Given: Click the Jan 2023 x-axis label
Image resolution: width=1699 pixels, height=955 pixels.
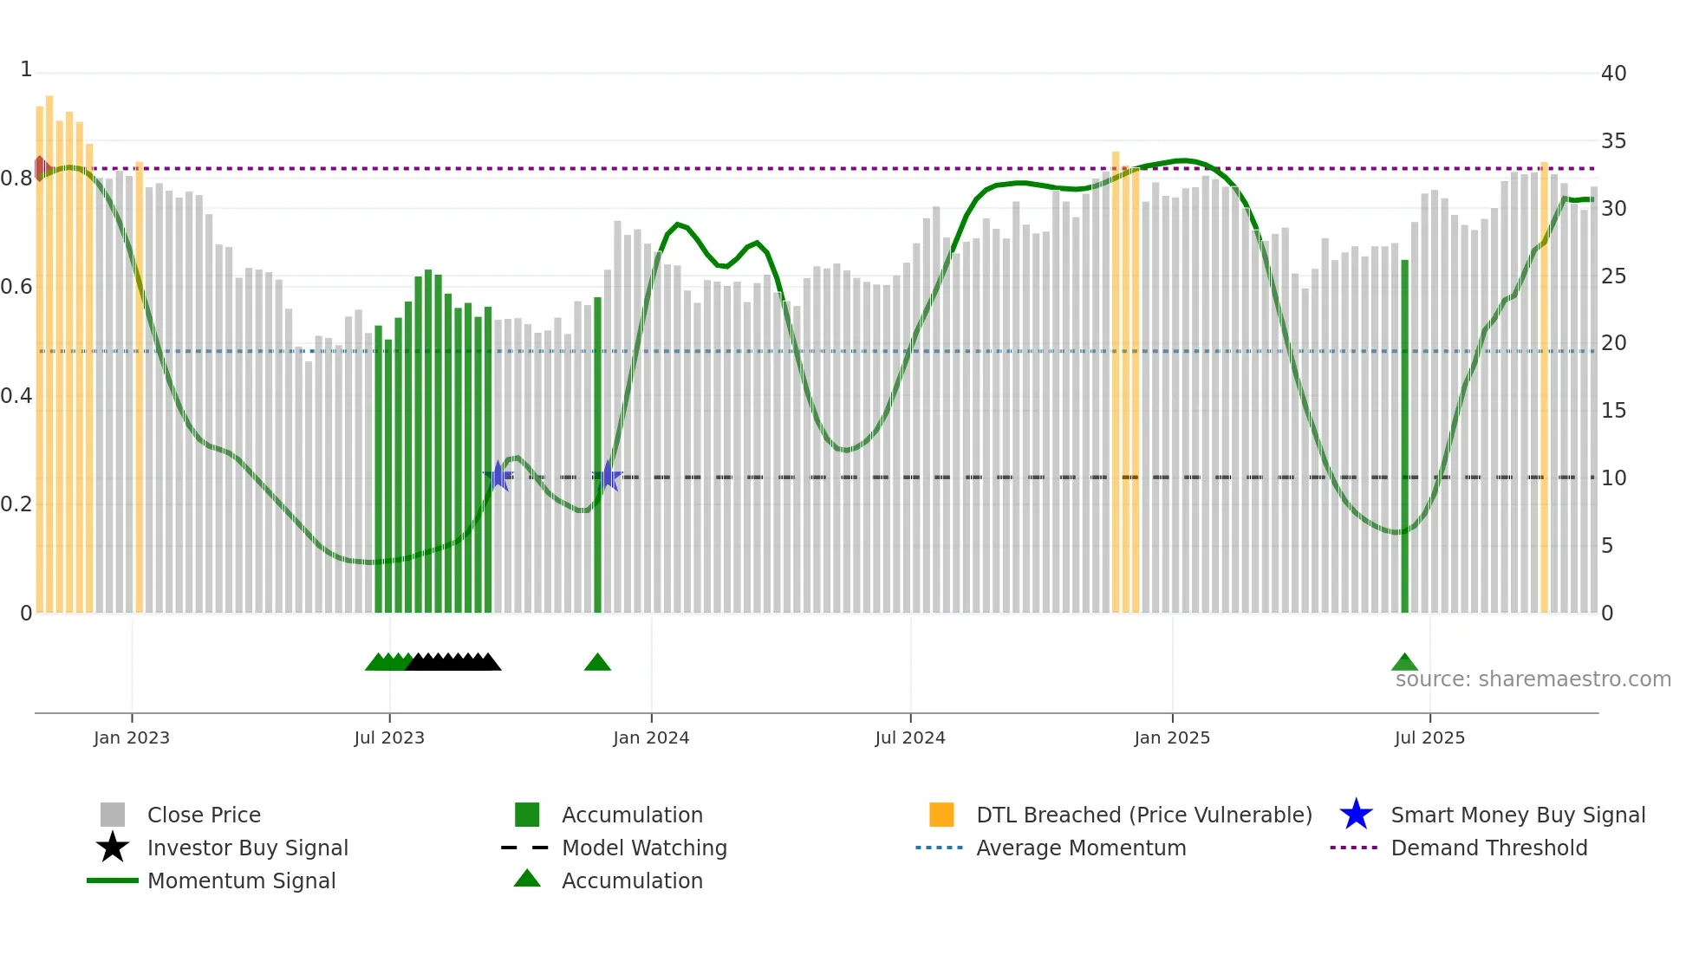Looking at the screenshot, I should pos(132,737).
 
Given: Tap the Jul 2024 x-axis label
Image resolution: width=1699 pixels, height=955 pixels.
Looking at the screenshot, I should pos(910,737).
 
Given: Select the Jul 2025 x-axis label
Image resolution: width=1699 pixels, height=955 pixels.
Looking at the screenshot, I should pos(1429,737).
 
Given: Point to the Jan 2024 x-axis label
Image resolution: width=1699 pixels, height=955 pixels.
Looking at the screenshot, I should pos(651,737).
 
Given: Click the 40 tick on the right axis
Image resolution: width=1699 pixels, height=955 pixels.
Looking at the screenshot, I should pos(1613,74).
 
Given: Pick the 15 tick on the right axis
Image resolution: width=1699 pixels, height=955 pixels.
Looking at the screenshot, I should pos(1613,411).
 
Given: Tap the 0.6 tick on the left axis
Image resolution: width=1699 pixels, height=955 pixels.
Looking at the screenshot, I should pos(16,287).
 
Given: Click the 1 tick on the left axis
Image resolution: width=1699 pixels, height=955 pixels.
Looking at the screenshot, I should pos(26,69).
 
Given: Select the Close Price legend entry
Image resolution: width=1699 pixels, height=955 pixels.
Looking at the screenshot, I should pos(204,815).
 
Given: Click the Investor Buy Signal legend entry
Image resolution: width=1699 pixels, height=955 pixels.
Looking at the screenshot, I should pos(247,848).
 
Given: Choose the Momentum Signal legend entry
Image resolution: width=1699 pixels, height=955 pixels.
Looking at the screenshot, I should pos(241,880).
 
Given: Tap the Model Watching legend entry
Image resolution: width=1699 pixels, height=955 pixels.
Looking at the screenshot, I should pos(644,848).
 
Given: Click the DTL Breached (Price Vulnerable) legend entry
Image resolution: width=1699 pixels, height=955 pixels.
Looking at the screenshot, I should pos(1143,815).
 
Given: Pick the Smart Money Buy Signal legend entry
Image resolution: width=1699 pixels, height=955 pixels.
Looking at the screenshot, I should pos(1518,815).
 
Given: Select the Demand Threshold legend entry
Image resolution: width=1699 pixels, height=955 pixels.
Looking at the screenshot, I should pos(1488,848).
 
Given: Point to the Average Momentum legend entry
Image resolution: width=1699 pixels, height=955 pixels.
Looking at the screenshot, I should pos(1081,848).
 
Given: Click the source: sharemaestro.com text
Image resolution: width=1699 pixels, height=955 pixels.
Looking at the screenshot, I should pos(1533,679).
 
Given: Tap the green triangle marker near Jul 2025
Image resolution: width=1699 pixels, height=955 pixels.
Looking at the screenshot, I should pos(1404,663).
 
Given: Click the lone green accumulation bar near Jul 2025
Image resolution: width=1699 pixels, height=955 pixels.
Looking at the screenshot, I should pos(1404,433).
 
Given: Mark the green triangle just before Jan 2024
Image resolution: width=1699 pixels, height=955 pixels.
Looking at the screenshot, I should pos(597,663).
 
